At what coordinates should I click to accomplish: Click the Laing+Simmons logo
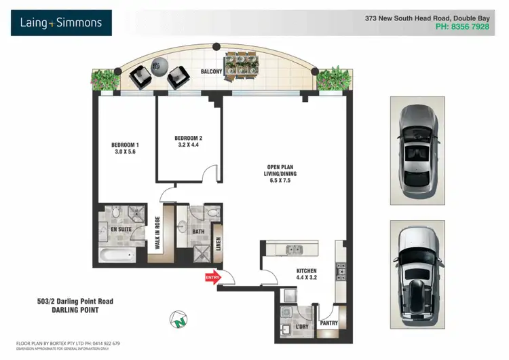click(x=61, y=23)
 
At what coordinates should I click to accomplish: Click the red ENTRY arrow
click(x=213, y=276)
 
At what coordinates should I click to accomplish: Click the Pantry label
click(x=329, y=323)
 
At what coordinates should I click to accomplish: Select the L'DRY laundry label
click(x=303, y=327)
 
